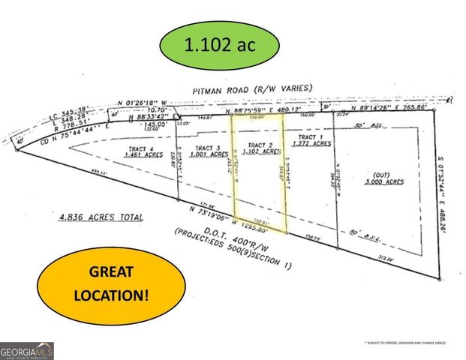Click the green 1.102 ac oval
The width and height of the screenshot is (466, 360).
221,45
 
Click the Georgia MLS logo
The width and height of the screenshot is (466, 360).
27,350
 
